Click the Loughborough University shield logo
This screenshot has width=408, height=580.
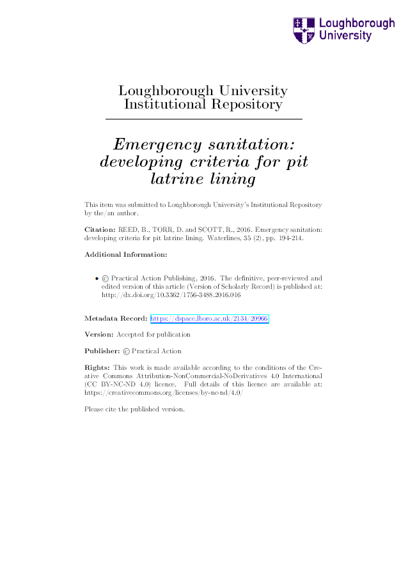(304, 30)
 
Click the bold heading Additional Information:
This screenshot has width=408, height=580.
(126, 254)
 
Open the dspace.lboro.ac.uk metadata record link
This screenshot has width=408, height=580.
(209, 318)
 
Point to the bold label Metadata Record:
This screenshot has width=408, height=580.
(116, 318)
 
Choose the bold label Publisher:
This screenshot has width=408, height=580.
(102, 351)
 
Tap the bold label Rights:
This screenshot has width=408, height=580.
(97, 367)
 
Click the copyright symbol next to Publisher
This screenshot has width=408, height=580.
(126, 351)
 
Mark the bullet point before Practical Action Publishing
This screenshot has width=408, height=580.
(96, 279)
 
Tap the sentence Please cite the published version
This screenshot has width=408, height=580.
(134, 409)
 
